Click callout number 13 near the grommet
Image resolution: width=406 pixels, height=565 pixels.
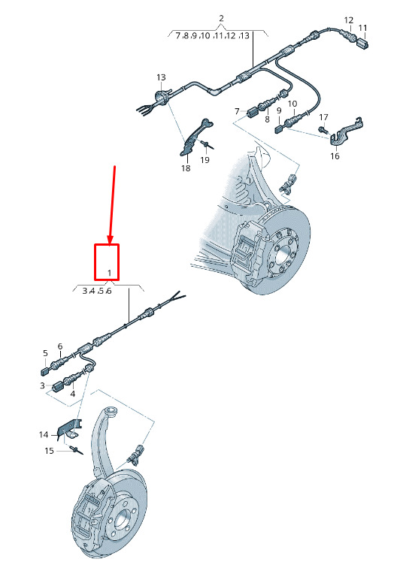pos(161,77)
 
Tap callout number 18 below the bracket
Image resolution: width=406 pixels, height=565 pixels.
pos(186,168)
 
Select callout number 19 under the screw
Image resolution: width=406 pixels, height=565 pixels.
pos(205,159)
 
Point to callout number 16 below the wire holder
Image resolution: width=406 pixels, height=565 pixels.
pos(335,156)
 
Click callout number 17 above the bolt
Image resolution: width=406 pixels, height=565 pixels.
pos(324,117)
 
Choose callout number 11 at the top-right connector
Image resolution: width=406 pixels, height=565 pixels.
pos(362,28)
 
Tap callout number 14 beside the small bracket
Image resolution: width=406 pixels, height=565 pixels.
pos(44,435)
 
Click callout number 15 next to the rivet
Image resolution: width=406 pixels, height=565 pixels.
pos(49,451)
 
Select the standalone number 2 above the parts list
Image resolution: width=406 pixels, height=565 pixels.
pos(221,18)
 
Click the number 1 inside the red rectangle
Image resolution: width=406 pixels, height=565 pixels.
pos(110,273)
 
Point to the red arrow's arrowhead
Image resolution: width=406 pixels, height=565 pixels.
pos(111,239)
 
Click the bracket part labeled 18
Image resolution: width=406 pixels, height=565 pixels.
pos(195,137)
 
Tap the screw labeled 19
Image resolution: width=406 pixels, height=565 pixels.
pos(208,144)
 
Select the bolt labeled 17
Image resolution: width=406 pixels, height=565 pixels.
pos(322,128)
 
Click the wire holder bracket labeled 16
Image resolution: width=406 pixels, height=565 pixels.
pos(345,132)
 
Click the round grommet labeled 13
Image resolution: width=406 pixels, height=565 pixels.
pos(161,97)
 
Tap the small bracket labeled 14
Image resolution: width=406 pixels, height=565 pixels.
pos(69,430)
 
